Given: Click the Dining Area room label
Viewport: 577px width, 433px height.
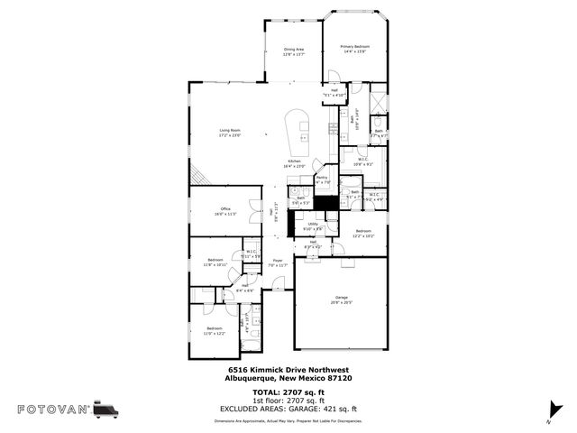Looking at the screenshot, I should point(294,51).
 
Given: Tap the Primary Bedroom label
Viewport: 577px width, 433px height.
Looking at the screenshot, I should point(354,49).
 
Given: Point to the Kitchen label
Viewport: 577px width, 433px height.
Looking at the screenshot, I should point(295,163).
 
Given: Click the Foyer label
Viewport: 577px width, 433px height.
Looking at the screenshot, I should point(279,263).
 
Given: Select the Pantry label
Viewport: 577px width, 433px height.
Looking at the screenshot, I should point(322,180).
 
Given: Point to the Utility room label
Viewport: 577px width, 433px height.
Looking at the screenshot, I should point(313,226).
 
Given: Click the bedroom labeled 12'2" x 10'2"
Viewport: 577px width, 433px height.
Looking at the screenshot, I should point(363,233).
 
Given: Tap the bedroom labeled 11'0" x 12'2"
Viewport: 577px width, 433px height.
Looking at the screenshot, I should point(214,330).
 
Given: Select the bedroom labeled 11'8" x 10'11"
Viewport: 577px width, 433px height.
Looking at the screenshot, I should point(215,262).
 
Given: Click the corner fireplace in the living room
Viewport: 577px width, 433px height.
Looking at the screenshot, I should point(198,176).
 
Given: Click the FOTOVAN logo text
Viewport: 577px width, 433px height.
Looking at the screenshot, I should point(54,410).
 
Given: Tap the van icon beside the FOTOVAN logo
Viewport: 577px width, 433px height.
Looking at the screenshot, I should point(106,410).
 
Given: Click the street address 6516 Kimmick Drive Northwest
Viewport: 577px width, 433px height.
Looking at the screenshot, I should point(288,370).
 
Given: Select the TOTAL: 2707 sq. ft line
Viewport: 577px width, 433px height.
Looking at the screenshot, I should point(288,392).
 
